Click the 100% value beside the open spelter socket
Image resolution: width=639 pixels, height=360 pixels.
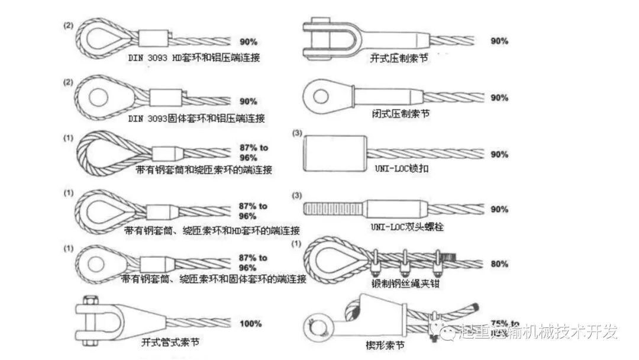250,324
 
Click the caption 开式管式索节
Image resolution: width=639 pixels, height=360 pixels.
170,342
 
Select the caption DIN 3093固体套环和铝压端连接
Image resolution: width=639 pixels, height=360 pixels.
196,118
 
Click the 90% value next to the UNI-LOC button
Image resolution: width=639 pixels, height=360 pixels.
499,155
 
